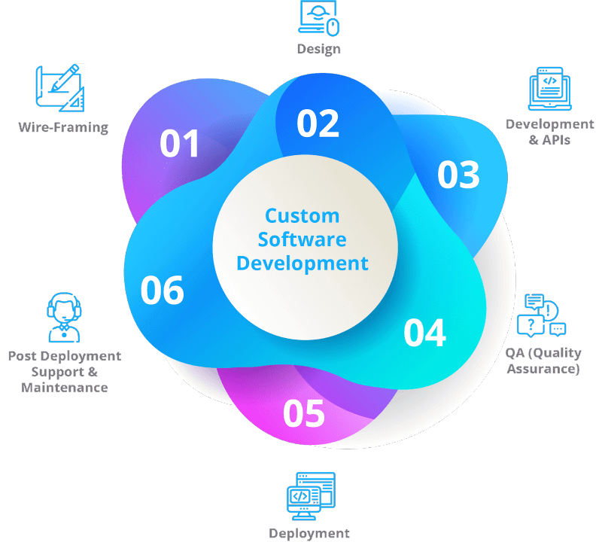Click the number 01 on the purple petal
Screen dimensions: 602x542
pos(179,143)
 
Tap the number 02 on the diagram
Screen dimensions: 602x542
pos(318,123)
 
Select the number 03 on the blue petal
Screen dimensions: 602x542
pos(458,175)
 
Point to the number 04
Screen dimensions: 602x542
pos(424,333)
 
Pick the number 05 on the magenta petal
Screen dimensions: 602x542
pos(304,413)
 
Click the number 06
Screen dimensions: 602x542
pos(162,291)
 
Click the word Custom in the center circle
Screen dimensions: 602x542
pos(303,216)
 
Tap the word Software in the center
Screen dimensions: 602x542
pos(303,239)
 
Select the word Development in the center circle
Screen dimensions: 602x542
pos(303,264)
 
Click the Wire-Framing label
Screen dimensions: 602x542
pos(63,127)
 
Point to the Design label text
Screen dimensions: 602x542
pos(318,49)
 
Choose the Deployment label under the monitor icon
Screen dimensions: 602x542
pos(309,534)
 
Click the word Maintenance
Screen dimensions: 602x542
pos(65,388)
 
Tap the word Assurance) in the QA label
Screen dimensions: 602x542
pos(543,369)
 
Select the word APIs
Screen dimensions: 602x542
pos(556,140)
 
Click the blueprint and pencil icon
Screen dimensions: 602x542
pos(60,87)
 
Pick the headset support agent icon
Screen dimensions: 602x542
pos(64,317)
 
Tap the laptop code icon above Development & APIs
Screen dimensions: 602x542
pos(550,89)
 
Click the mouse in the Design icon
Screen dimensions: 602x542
pos(333,27)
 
